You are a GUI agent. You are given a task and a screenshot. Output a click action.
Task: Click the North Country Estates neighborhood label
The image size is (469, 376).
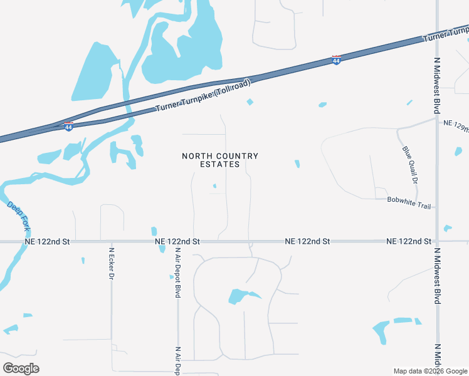click(x=219, y=160)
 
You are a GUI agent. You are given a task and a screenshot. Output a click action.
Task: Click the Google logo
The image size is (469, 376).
click(x=21, y=368)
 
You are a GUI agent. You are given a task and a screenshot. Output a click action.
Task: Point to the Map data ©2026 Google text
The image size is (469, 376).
click(x=429, y=371)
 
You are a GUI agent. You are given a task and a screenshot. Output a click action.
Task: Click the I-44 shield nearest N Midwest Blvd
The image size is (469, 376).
click(x=337, y=60)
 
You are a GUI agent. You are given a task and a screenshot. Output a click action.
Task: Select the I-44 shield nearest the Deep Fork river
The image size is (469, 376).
click(x=68, y=126)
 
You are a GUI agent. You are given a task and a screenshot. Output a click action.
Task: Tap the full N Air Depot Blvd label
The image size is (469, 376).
click(x=178, y=273)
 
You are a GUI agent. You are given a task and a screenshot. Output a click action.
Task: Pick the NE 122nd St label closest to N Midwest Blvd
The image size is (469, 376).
click(x=409, y=241)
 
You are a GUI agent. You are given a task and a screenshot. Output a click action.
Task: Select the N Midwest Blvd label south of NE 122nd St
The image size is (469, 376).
click(x=437, y=276)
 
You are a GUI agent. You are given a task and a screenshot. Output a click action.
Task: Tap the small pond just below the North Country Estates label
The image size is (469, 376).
click(x=214, y=185)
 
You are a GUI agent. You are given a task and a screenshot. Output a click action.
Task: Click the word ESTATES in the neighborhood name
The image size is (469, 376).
click(x=219, y=164)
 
